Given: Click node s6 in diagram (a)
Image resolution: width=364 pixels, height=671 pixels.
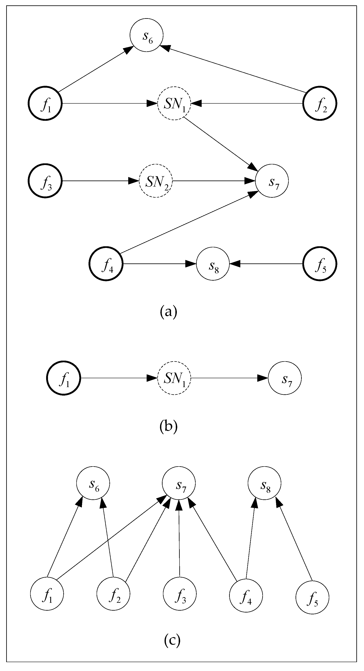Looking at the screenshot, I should (x=146, y=35).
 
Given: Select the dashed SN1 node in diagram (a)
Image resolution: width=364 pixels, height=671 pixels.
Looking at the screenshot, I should (x=174, y=103).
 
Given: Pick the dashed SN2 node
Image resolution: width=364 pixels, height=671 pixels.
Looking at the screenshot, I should (x=156, y=181).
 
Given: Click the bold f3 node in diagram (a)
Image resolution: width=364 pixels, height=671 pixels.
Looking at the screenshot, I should (x=45, y=181).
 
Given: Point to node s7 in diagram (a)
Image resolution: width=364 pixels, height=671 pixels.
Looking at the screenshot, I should (x=272, y=181).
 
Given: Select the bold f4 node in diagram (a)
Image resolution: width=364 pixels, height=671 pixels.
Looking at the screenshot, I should (x=106, y=264).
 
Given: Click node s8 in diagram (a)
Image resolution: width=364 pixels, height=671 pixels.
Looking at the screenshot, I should (x=213, y=264).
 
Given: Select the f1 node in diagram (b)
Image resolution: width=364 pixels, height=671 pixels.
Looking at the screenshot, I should (x=63, y=378).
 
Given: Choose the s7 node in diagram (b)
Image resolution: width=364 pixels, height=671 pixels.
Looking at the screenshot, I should (x=285, y=378).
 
